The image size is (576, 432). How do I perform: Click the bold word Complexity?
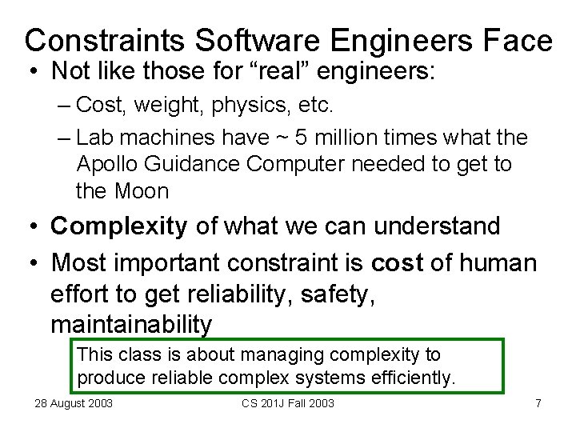tap(118, 226)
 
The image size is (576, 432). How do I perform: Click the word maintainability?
tap(131, 324)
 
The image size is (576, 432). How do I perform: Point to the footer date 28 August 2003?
tap(73, 403)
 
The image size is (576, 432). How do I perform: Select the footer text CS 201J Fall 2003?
tap(288, 403)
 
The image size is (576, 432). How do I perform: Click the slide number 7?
tap(538, 403)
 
